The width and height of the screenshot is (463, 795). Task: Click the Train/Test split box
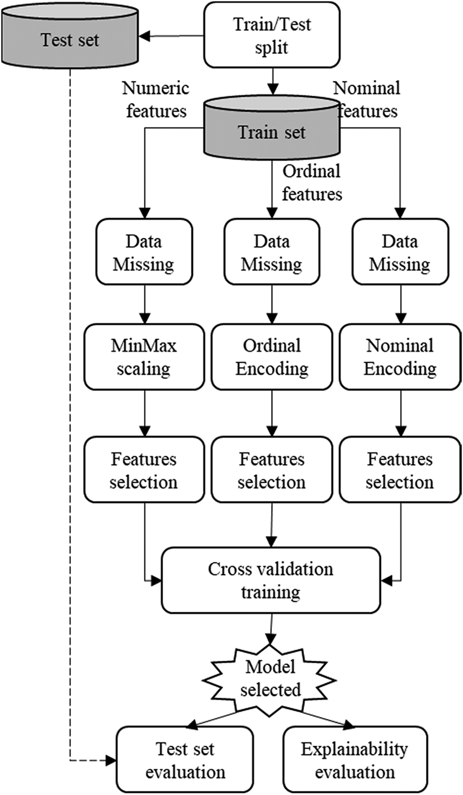tap(272, 35)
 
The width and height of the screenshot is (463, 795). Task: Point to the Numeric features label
tap(156, 99)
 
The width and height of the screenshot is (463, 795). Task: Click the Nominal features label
tap(367, 99)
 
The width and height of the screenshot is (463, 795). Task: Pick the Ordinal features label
tap(312, 182)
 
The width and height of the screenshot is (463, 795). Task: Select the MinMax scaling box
tap(144, 357)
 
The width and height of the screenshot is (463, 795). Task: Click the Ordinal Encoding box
tap(272, 357)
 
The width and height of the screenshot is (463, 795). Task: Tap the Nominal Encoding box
tap(400, 357)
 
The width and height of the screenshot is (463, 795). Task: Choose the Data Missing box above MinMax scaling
tap(144, 252)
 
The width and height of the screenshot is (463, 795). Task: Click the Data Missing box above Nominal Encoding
tap(400, 252)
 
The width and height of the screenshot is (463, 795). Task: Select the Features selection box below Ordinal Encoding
tap(272, 470)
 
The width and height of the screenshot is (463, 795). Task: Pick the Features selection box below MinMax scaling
tap(144, 470)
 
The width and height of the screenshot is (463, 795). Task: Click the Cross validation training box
tap(271, 580)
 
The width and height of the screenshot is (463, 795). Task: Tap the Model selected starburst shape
tap(270, 678)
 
